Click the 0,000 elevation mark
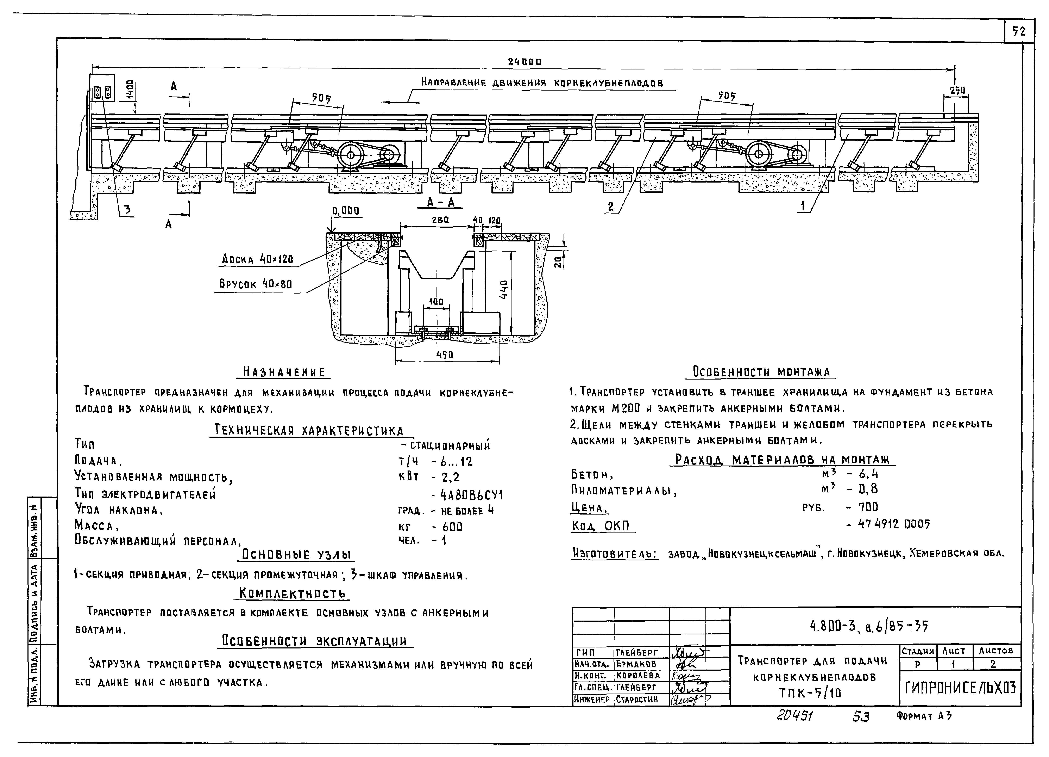pos(346,211)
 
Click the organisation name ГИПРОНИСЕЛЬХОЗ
pos(960,689)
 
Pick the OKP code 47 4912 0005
pos(894,524)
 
